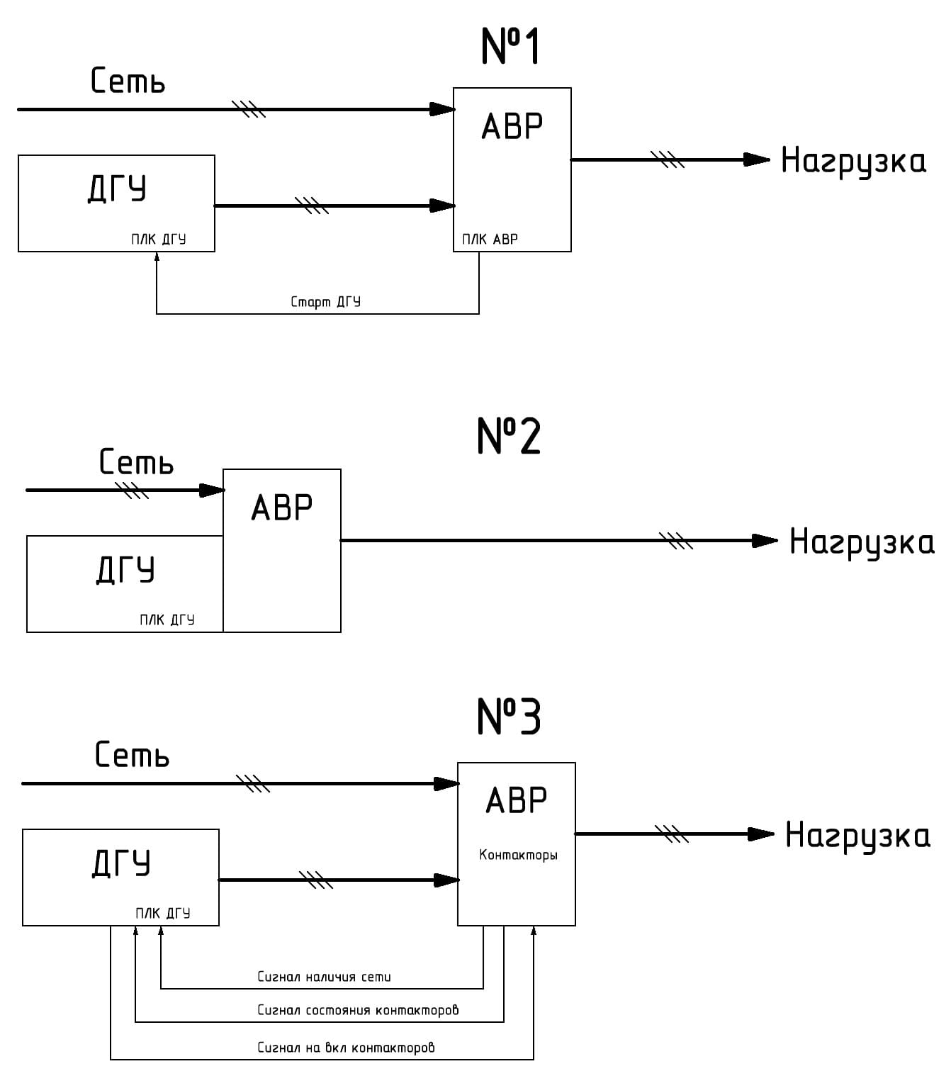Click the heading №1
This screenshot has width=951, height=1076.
pyautogui.click(x=510, y=47)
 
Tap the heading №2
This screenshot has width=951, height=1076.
pyautogui.click(x=508, y=436)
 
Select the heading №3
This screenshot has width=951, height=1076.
pyautogui.click(x=508, y=716)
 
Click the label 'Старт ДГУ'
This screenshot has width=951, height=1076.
pyautogui.click(x=325, y=302)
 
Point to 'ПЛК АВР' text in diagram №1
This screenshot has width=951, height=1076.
pyautogui.click(x=490, y=240)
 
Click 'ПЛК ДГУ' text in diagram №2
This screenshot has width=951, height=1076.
pyautogui.click(x=167, y=620)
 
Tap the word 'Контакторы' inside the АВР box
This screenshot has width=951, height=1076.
pyautogui.click(x=518, y=855)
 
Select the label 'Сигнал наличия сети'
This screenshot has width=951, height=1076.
pyautogui.click(x=324, y=977)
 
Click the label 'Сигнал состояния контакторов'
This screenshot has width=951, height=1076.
pyautogui.click(x=358, y=1010)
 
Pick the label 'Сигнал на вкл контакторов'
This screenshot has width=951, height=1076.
pyautogui.click(x=346, y=1048)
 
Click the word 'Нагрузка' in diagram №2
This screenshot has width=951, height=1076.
pyautogui.click(x=862, y=543)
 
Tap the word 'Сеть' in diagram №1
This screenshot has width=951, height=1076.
pyautogui.click(x=128, y=81)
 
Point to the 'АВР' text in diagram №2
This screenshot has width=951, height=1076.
pyautogui.click(x=281, y=508)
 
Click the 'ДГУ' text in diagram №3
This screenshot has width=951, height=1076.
pyautogui.click(x=121, y=864)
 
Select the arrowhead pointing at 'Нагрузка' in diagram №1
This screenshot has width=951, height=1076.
pyautogui.click(x=757, y=160)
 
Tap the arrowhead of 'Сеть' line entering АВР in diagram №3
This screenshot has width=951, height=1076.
pyautogui.click(x=446, y=784)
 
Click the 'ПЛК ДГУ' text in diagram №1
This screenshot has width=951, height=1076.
pyautogui.click(x=158, y=240)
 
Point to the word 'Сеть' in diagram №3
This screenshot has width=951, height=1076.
pyautogui.click(x=132, y=756)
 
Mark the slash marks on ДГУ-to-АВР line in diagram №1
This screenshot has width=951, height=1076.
pyautogui.click(x=312, y=206)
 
